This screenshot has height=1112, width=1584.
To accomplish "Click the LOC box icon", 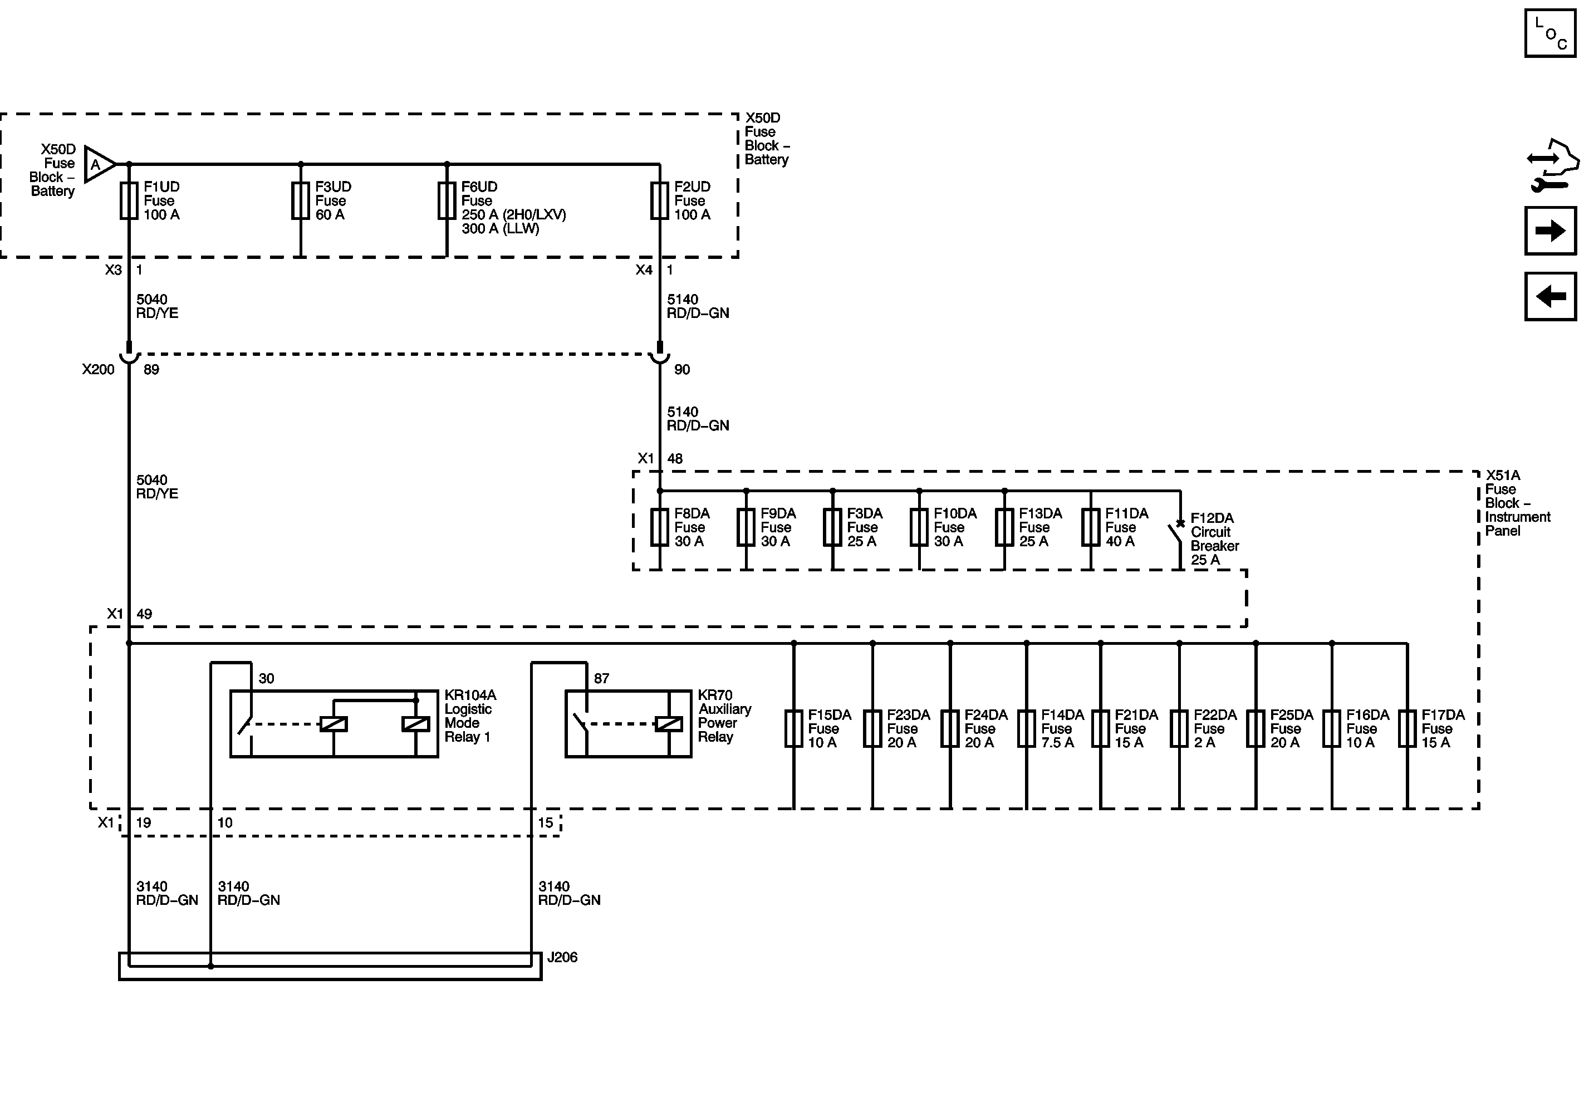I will [x=1549, y=33].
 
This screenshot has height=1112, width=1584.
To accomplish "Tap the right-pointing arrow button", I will [x=1549, y=231].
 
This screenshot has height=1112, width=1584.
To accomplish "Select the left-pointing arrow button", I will [x=1549, y=297].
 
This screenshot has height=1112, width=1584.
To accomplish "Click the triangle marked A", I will [x=97, y=164].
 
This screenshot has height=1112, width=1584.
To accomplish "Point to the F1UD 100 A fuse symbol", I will [x=129, y=201].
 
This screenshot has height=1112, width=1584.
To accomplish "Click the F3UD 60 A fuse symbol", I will [x=300, y=201].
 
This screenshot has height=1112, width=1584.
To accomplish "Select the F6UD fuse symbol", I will [x=447, y=201].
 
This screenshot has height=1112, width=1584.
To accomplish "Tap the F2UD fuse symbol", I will [x=660, y=201].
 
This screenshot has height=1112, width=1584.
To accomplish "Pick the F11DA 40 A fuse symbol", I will [x=1091, y=528].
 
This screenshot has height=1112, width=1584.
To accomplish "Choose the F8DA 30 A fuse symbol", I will [x=660, y=528].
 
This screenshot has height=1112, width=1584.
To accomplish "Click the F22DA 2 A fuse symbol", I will [x=1179, y=729].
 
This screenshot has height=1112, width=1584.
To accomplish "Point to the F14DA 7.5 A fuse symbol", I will [x=1027, y=729].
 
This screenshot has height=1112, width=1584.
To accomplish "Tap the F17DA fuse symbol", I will [x=1407, y=729].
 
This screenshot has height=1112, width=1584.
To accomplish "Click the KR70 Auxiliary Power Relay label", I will [x=724, y=716].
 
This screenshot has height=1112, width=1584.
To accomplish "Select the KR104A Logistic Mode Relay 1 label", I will [x=470, y=716].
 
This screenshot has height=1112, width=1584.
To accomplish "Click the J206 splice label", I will [x=562, y=958].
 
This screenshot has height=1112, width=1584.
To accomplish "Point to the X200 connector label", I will [x=98, y=370].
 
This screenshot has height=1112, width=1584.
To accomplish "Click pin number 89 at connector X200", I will [x=151, y=370].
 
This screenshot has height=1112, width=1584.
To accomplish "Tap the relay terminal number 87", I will [x=602, y=679].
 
